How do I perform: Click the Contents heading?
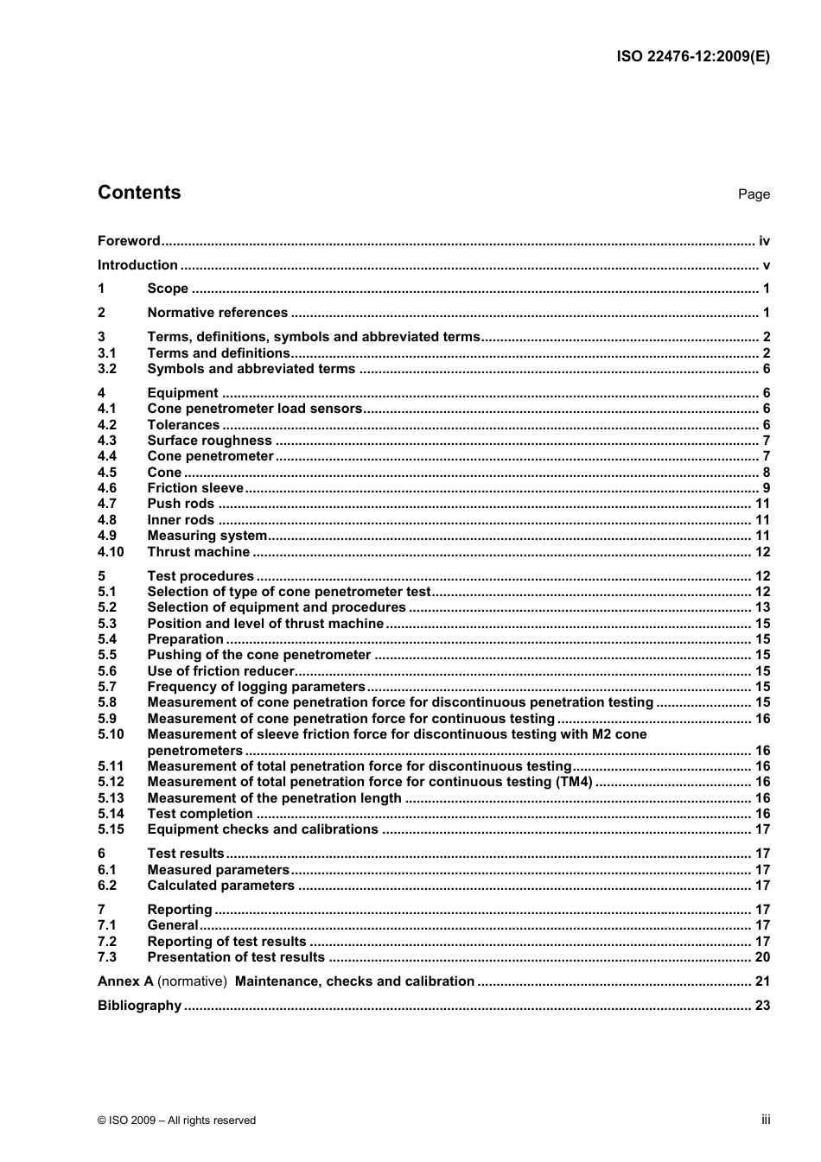pyautogui.click(x=139, y=193)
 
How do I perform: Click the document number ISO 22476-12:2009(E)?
pyautogui.click(x=693, y=57)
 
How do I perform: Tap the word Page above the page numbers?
pyautogui.click(x=754, y=194)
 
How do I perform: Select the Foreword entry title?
pyautogui.click(x=129, y=241)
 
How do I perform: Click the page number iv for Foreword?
pyautogui.click(x=764, y=241)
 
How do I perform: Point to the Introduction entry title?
pyautogui.click(x=137, y=265)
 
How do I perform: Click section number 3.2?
pyautogui.click(x=107, y=369)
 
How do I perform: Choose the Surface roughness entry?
pyautogui.click(x=209, y=441)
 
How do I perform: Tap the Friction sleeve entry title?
pyautogui.click(x=195, y=488)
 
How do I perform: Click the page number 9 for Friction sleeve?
pyautogui.click(x=766, y=488)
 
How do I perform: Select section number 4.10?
pyautogui.click(x=111, y=552)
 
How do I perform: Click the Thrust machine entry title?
pyautogui.click(x=199, y=552)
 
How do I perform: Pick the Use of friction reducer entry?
pyautogui.click(x=220, y=671)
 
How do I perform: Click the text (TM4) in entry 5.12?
pyautogui.click(x=574, y=782)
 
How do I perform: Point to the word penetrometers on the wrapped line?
pyautogui.click(x=194, y=751)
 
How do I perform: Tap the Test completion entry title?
pyautogui.click(x=200, y=814)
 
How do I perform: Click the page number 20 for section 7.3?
pyautogui.click(x=762, y=957)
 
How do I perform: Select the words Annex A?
pyautogui.click(x=125, y=981)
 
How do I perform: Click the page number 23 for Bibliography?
pyautogui.click(x=762, y=1006)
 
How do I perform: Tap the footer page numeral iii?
pyautogui.click(x=766, y=1119)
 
